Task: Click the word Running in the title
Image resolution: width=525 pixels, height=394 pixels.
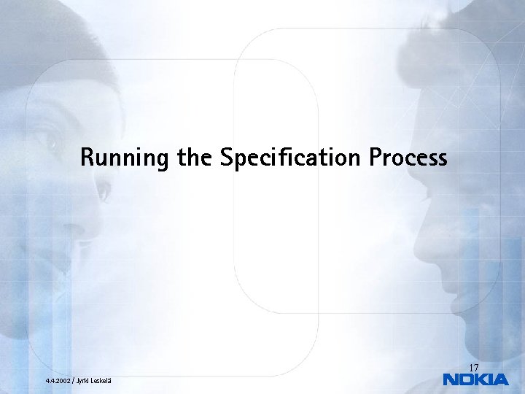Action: pyautogui.click(x=125, y=158)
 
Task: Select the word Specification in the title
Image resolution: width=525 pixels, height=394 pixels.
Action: pyautogui.click(x=289, y=158)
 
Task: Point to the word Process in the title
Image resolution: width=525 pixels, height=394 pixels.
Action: pyautogui.click(x=408, y=158)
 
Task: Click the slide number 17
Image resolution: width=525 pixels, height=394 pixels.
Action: pyautogui.click(x=473, y=367)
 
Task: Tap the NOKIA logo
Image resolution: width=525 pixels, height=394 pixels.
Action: pyautogui.click(x=475, y=379)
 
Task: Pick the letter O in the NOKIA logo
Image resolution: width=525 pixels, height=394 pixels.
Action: pyautogui.click(x=466, y=379)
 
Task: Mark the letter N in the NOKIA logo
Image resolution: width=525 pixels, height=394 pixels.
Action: pyautogui.click(x=451, y=379)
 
